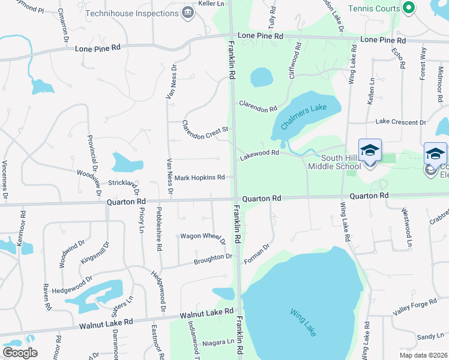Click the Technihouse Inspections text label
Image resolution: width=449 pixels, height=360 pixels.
click(132, 13)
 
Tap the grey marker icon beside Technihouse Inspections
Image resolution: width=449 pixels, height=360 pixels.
click(188, 12)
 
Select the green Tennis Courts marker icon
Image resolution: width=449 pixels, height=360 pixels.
click(409, 8)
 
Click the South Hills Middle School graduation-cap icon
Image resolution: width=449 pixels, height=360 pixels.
click(370, 150)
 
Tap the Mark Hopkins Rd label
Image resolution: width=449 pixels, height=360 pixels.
click(199, 178)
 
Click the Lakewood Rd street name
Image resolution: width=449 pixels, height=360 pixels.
click(259, 154)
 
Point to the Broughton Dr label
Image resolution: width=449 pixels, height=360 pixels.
click(212, 259)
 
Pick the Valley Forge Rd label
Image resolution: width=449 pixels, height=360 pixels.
click(415, 306)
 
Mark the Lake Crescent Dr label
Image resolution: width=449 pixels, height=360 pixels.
click(400, 122)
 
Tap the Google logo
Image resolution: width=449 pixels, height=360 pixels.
click(20, 353)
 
